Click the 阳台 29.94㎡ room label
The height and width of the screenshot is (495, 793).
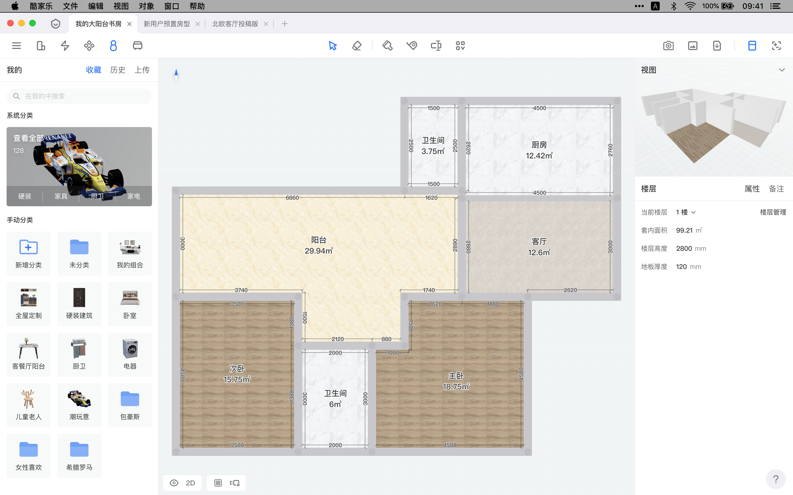coord(319,246)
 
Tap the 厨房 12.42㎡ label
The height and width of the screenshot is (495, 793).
coord(539,150)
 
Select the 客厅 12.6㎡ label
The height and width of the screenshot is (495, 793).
coord(539,247)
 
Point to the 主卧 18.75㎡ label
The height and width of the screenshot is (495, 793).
coord(456,381)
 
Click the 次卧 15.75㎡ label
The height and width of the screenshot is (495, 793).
coord(237,374)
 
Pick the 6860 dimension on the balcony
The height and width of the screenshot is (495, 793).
coord(292,198)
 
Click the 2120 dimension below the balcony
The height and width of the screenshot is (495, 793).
coord(338,339)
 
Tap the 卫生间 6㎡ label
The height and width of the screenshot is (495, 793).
coord(335,399)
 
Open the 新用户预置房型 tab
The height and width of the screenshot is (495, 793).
coord(167,24)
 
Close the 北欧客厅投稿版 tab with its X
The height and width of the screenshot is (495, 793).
coord(266,24)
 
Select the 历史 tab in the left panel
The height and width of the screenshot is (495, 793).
coord(118,70)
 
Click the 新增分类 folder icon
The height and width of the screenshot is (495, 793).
coord(29,247)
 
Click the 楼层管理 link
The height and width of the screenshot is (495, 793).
coord(773,212)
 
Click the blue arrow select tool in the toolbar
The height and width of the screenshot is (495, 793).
coord(333,45)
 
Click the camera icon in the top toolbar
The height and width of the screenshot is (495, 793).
coord(668,45)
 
